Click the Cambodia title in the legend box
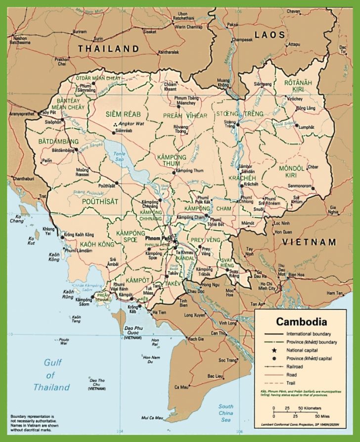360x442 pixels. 301,321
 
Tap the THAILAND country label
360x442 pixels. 108,48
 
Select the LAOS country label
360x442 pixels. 270,35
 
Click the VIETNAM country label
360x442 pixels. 309,242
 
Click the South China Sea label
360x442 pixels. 226,412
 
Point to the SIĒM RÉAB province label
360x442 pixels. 120,114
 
